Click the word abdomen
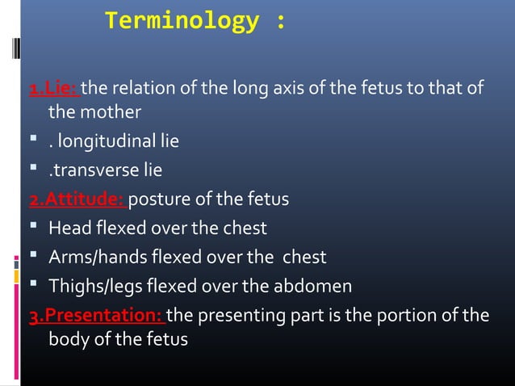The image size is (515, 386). tap(315, 286)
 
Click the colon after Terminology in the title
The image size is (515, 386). tap(279, 23)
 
